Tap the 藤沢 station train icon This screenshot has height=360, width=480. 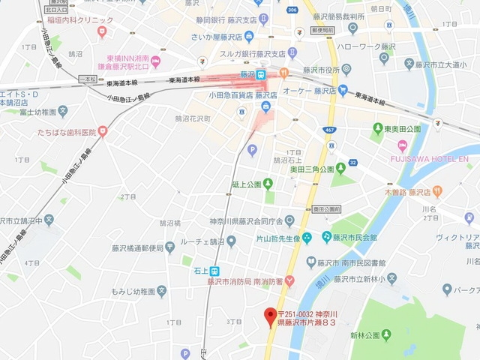tap(261, 76)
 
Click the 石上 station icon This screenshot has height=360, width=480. tap(215, 271)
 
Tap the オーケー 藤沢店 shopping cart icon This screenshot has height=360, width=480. tap(343, 91)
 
